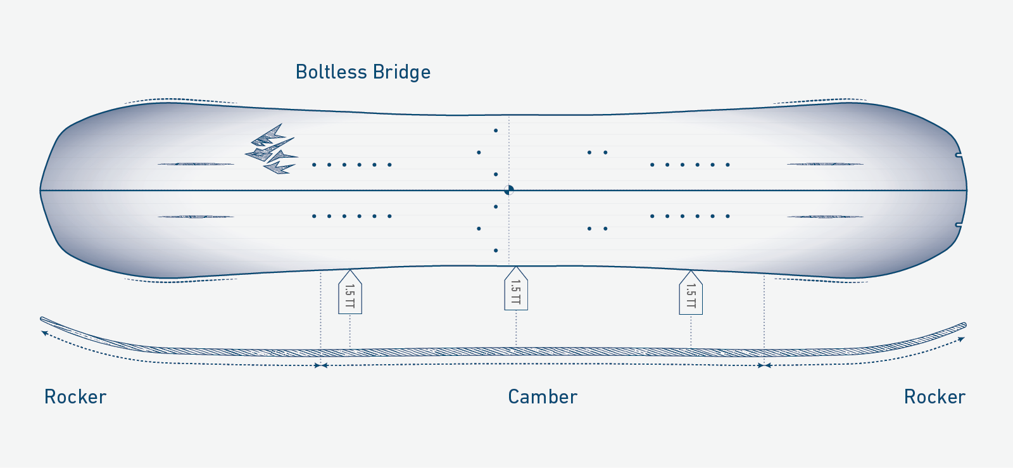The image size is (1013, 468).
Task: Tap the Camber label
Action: coord(543,397)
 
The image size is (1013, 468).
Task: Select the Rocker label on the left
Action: coord(75,397)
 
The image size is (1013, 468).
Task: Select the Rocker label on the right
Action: coord(934,397)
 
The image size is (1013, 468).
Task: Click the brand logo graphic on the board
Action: coord(271,149)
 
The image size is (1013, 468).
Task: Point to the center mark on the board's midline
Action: coord(509,190)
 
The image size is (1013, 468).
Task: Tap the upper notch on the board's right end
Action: coord(959,155)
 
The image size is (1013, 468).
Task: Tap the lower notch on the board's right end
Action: coord(959,225)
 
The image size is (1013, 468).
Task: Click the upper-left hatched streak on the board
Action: coord(196,164)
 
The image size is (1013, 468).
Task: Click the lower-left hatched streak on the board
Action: coord(196,217)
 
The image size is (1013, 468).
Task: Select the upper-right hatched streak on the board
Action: coord(825,164)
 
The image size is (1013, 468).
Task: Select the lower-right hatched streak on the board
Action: coord(825,217)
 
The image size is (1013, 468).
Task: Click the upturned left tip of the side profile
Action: coord(44,320)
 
